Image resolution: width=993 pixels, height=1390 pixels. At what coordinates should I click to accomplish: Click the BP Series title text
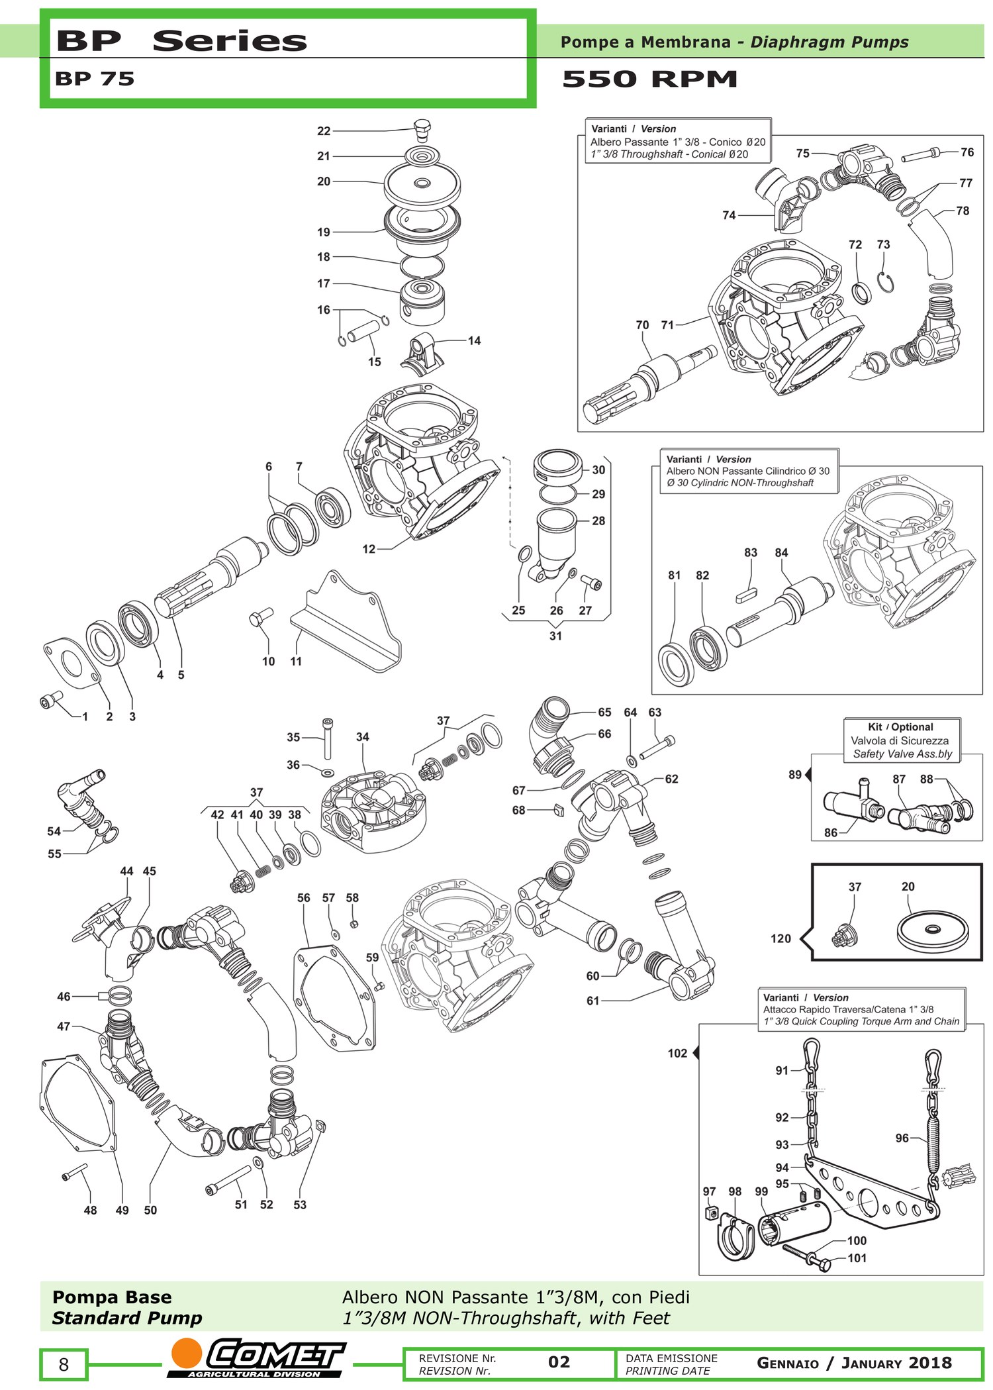[181, 40]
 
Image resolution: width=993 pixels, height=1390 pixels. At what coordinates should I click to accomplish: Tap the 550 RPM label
[649, 79]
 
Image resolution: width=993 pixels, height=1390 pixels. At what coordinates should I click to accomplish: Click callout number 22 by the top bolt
[324, 131]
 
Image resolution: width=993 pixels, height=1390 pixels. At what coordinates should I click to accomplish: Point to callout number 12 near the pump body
[369, 548]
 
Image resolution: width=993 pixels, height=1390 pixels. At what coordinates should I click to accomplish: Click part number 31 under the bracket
[555, 636]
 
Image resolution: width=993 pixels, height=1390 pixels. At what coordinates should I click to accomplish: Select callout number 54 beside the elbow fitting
[54, 831]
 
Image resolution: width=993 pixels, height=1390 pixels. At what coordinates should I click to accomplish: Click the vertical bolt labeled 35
[327, 738]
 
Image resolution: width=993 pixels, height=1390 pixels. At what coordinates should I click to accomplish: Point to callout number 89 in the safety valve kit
[795, 774]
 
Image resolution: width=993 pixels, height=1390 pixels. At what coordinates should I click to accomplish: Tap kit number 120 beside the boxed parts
[781, 938]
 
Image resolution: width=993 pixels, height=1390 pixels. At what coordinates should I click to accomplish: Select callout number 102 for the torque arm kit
[677, 1053]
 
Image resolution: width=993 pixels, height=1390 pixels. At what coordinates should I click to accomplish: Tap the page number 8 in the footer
[64, 1364]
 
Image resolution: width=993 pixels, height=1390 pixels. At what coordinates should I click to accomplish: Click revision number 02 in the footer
[559, 1362]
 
